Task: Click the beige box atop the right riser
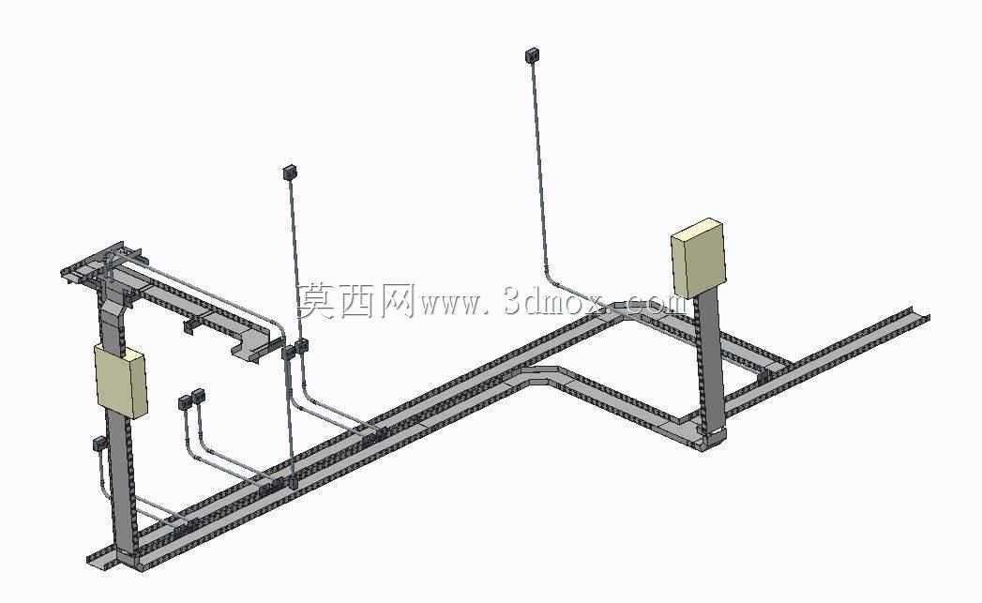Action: pos(699,258)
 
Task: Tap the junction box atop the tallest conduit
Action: pos(533,55)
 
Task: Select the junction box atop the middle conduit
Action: pos(289,173)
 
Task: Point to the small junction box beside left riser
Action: pos(99,444)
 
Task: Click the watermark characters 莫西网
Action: pos(355,300)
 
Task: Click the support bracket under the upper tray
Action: pos(191,325)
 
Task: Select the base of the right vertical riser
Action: pos(712,436)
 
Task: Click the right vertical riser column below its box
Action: pos(710,362)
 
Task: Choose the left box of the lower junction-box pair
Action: pos(185,402)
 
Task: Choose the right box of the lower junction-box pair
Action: pos(199,396)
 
